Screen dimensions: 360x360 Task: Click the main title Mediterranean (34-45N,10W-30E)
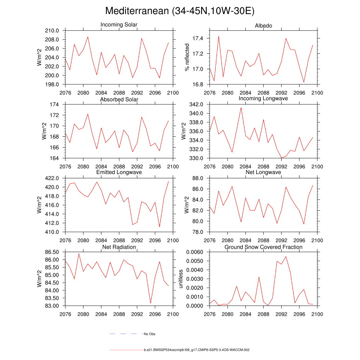pyautogui.click(x=180, y=11)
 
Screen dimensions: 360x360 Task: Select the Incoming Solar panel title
pyautogui.click(x=119, y=25)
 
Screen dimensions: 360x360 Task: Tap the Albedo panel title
pyautogui.click(x=263, y=26)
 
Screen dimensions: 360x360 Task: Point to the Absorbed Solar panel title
pyautogui.click(x=119, y=99)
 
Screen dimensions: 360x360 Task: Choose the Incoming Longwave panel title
pyautogui.click(x=263, y=98)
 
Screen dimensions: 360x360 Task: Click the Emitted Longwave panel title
pyautogui.click(x=119, y=172)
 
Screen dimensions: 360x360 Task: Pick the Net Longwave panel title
pyautogui.click(x=263, y=172)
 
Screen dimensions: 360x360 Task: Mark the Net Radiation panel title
pyautogui.click(x=119, y=247)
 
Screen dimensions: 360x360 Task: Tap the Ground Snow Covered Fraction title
pyautogui.click(x=263, y=247)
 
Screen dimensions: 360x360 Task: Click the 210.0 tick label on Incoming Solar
pyautogui.click(x=52, y=31)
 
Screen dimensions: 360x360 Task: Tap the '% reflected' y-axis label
pyautogui.click(x=187, y=57)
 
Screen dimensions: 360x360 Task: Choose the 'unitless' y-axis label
pyautogui.click(x=181, y=279)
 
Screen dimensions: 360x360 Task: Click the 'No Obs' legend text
pyautogui.click(x=149, y=334)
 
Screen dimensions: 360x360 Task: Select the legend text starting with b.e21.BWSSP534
pyautogui.click(x=197, y=350)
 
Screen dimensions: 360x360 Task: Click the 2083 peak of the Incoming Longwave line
pyautogui.click(x=241, y=107)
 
